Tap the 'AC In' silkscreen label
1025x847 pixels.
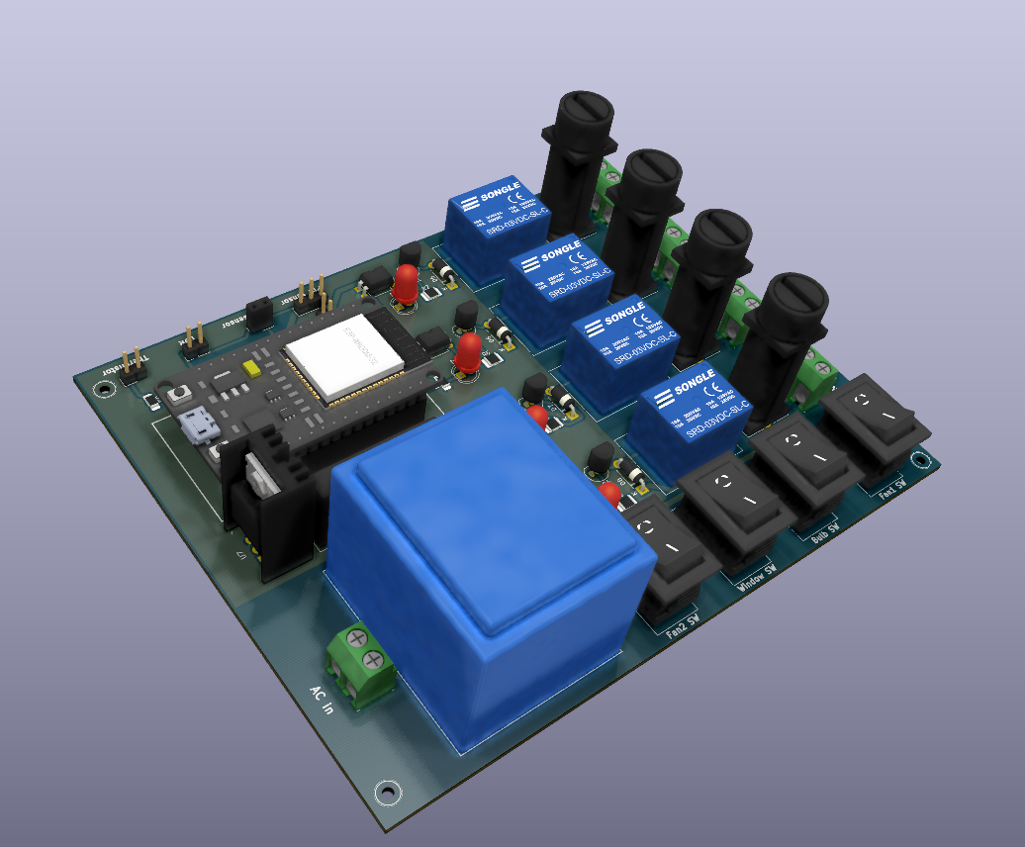tap(322, 700)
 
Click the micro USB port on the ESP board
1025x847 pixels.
tap(201, 424)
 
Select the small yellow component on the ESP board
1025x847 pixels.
tap(252, 368)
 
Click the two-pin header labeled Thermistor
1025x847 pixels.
tap(131, 365)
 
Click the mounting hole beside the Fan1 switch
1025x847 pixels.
tap(921, 459)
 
